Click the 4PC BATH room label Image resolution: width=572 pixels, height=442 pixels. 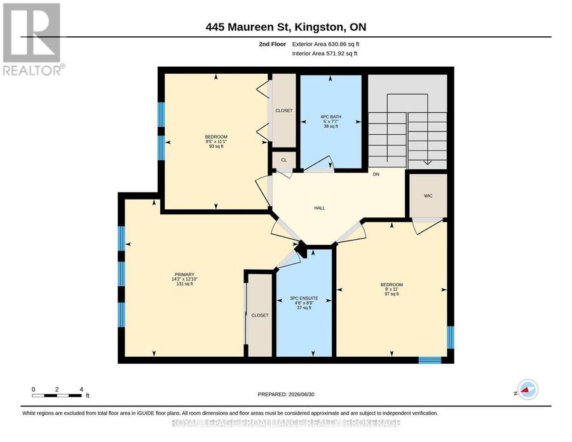(x=331, y=117)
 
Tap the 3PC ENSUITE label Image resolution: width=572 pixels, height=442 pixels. (x=304, y=298)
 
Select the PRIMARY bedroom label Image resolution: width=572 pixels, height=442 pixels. (x=184, y=275)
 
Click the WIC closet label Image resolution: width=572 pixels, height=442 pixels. (x=428, y=196)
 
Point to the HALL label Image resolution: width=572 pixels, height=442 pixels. (x=320, y=208)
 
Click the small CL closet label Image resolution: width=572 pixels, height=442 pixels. (x=284, y=160)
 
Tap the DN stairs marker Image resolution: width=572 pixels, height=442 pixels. (x=376, y=174)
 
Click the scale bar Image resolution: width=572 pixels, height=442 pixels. (x=57, y=396)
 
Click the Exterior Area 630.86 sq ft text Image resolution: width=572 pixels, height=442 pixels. (x=325, y=44)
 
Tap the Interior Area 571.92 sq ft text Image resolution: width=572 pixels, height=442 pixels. (x=324, y=53)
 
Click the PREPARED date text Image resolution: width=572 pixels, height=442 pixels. (x=286, y=394)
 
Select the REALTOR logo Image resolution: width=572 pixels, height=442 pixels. (x=32, y=39)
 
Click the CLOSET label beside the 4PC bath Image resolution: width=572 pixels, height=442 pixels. (x=284, y=111)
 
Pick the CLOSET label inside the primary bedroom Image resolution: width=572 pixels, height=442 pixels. (x=260, y=315)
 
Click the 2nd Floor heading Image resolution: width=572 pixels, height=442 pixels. (x=273, y=44)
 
